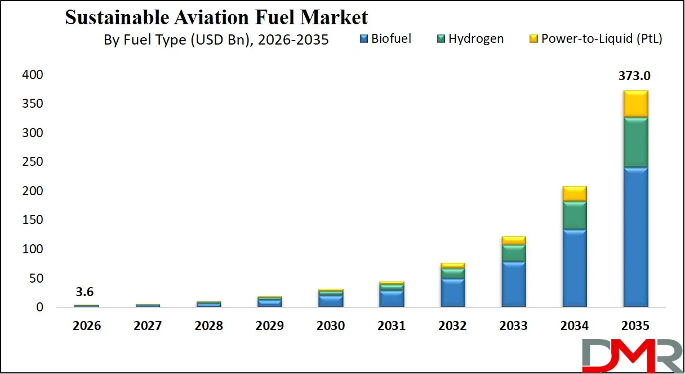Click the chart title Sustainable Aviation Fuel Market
point(216,17)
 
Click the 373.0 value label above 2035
point(635,76)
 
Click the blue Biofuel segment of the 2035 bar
point(635,237)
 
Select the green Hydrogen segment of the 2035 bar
point(635,142)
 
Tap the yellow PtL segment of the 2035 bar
point(635,104)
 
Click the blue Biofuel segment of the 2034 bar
point(575,268)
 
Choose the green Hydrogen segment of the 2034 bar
point(575,215)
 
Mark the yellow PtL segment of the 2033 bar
point(514,241)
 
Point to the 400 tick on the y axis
point(33,75)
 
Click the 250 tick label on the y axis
point(33,162)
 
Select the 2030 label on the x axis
point(331,326)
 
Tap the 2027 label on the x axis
point(148,326)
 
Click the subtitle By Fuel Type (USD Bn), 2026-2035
point(216,41)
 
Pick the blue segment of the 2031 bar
point(392,298)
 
